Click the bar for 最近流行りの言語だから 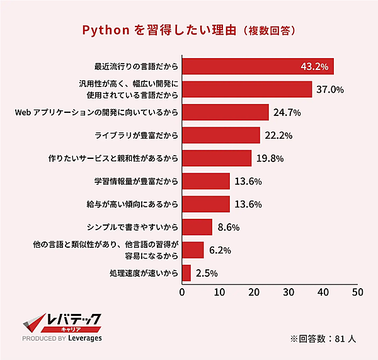(239, 66)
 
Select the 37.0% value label (329, 90)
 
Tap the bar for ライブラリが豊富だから (221, 136)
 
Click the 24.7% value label (287, 113)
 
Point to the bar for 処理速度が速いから (186, 273)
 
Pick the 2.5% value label (207, 273)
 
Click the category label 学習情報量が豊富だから (135, 182)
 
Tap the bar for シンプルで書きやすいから (197, 227)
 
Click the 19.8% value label (269, 158)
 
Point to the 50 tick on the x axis (358, 293)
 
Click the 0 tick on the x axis (183, 293)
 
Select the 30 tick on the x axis (288, 293)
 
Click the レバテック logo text (74, 321)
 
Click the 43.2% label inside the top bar (314, 66)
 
